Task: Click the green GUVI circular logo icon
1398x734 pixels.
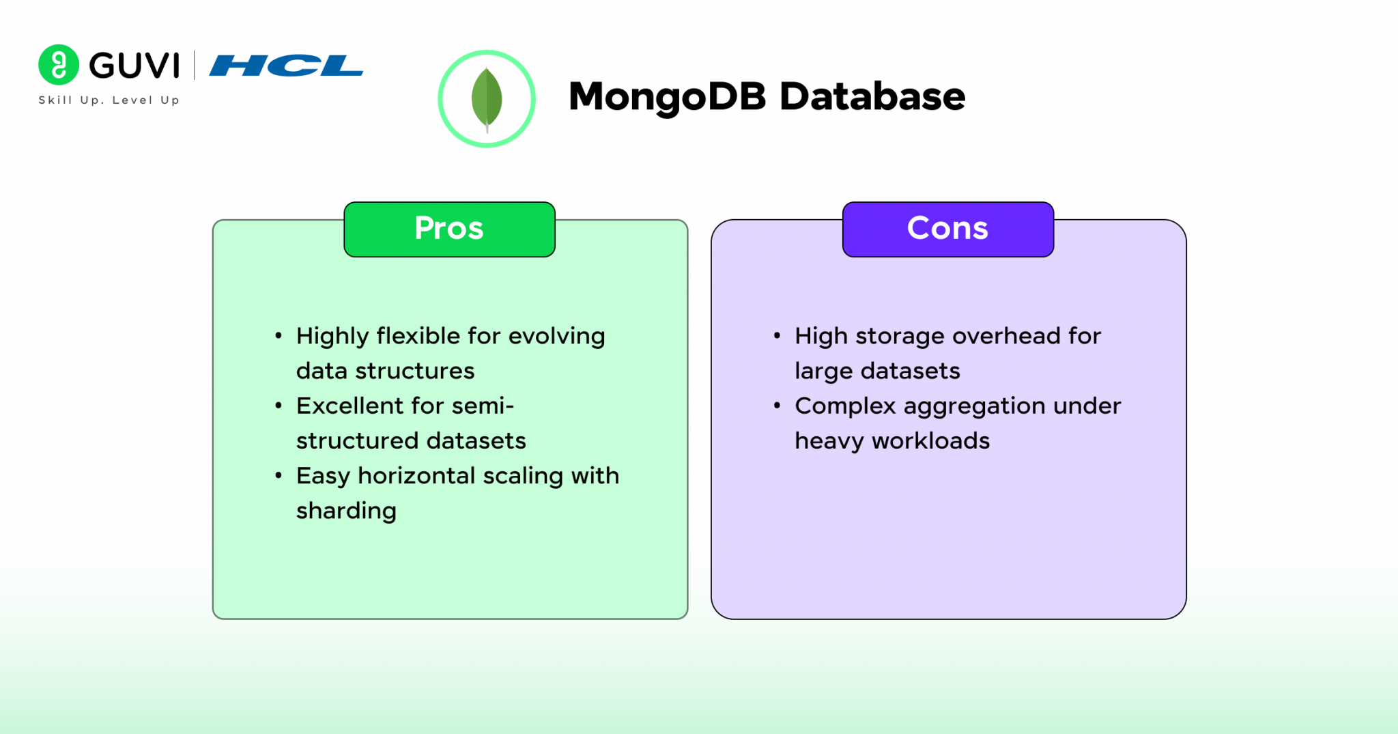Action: (59, 65)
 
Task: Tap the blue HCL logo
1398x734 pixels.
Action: (286, 66)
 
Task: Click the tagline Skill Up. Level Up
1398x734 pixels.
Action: (109, 100)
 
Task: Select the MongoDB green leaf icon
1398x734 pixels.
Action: (487, 99)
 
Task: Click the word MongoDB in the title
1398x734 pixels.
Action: (667, 96)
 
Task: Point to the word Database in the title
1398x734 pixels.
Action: (872, 96)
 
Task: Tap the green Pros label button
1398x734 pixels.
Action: (449, 229)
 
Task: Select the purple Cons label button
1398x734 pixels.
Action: (947, 229)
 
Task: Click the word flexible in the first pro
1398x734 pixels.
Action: (418, 336)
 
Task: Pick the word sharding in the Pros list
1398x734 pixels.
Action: (346, 511)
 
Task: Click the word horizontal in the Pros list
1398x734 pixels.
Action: (416, 476)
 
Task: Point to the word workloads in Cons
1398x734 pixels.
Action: (930, 441)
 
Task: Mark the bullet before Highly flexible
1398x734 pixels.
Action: (279, 336)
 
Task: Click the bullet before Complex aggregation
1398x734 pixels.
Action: (777, 406)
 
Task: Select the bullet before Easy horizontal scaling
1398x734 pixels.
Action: (279, 476)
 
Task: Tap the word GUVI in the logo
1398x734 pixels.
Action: (134, 66)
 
